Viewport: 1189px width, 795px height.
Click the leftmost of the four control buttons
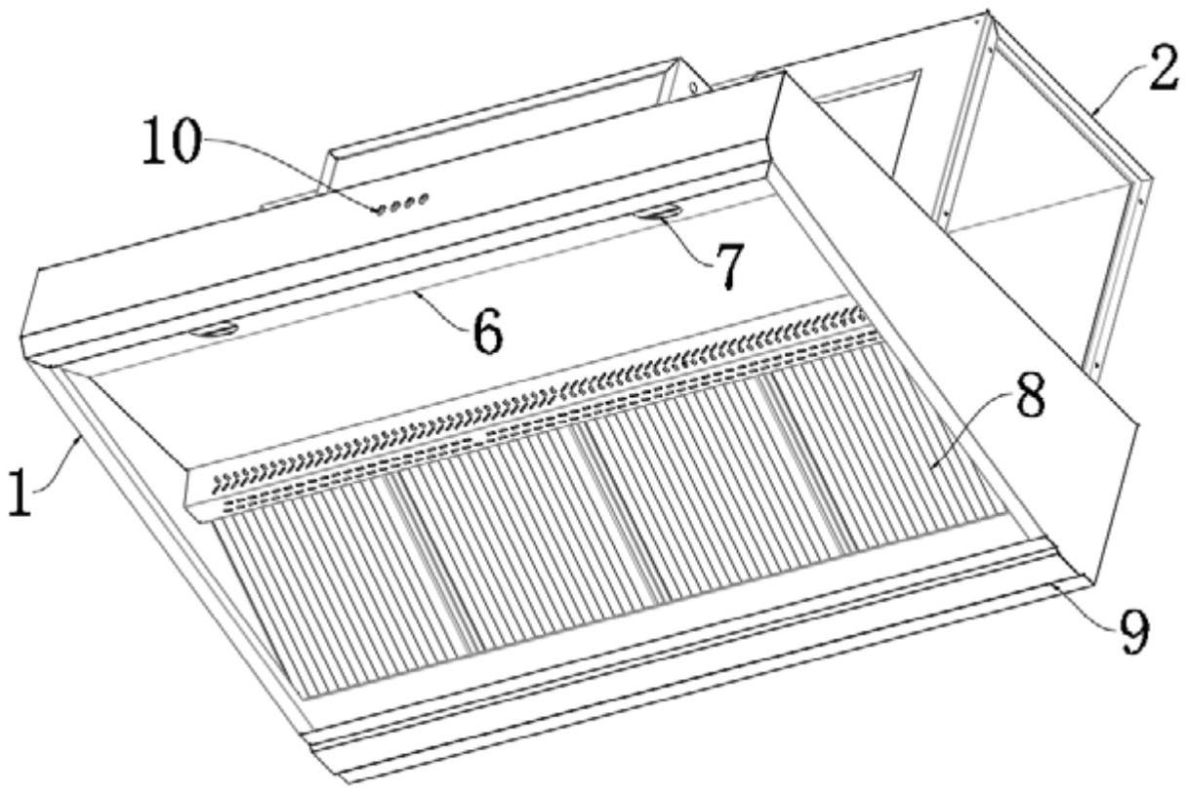[x=380, y=211]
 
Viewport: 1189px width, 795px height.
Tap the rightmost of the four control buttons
[x=423, y=199]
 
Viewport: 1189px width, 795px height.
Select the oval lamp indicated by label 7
[x=658, y=213]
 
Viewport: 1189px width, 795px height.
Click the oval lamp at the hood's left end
[x=215, y=330]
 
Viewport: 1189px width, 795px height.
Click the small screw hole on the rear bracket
[x=692, y=86]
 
